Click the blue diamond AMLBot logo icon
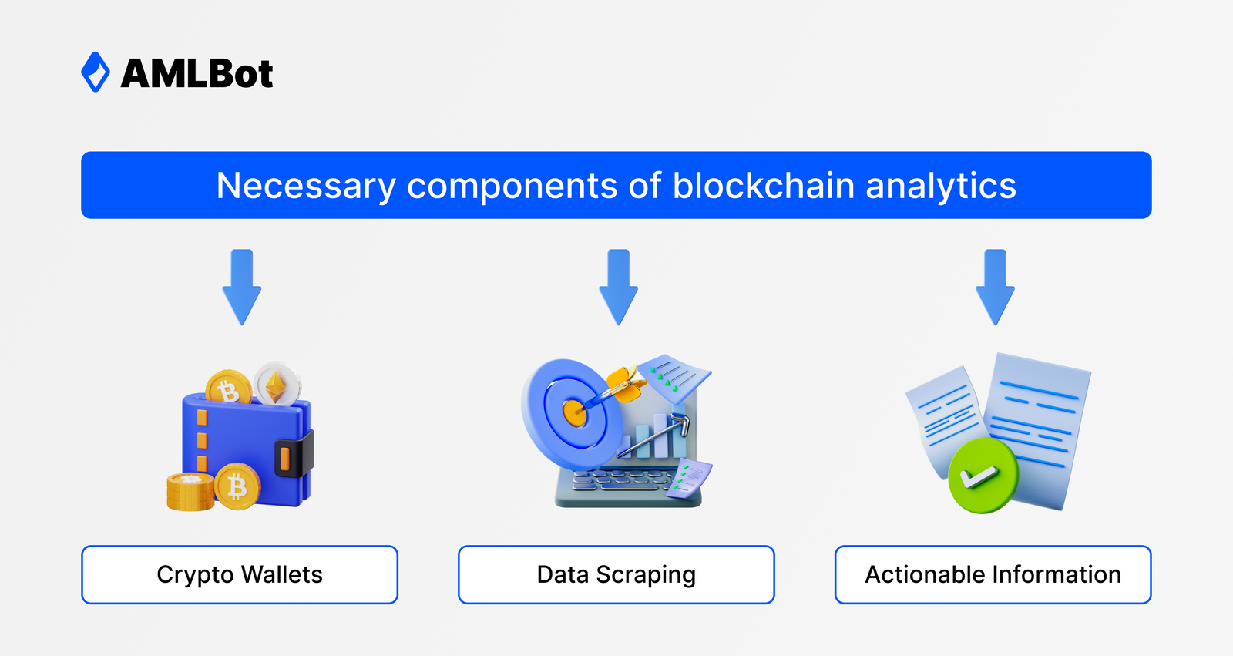(96, 72)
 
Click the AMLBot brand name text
(197, 74)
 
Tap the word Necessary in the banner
(305, 186)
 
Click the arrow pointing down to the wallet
(242, 286)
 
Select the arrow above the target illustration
(618, 286)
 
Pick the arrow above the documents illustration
(995, 286)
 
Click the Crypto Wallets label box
(240, 574)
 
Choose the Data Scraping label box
(616, 574)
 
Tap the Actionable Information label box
(993, 574)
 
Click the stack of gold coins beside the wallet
(189, 492)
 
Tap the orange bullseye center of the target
(574, 412)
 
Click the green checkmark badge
(983, 476)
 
